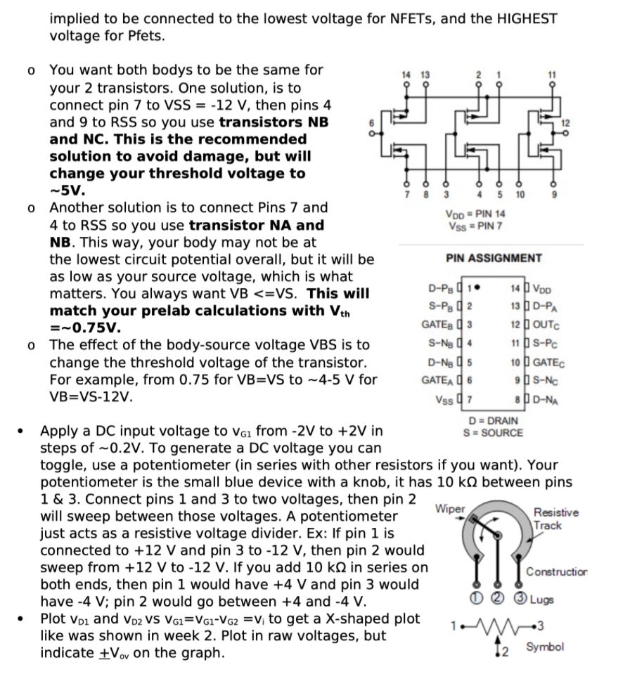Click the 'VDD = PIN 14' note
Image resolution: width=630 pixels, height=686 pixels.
tap(476, 214)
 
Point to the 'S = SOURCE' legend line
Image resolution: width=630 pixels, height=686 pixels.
tap(492, 432)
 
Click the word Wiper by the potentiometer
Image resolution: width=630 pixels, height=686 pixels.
tap(450, 507)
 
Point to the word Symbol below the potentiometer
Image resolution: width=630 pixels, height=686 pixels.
tap(545, 646)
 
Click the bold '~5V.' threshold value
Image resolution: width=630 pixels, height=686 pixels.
tap(67, 190)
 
